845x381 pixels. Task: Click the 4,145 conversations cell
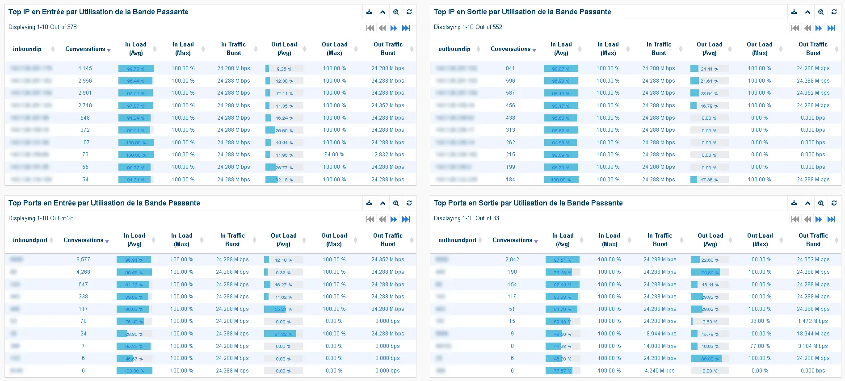[85, 68]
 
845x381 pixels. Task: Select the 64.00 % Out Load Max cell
[334, 155]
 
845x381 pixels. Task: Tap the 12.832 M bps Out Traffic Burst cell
[387, 155]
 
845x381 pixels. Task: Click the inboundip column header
[27, 49]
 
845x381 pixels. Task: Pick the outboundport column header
[457, 240]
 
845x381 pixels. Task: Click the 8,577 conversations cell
[83, 260]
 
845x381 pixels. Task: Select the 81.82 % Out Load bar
[283, 334]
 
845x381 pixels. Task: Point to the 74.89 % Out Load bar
[710, 272]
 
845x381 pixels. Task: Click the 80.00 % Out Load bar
[710, 358]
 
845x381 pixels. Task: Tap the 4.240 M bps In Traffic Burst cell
[660, 371]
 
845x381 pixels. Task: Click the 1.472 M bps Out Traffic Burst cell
[813, 321]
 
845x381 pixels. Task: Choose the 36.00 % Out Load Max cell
[760, 321]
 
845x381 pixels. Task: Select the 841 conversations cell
[510, 68]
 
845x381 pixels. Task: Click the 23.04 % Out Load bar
[709, 93]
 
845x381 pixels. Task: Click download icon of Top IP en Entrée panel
[369, 12]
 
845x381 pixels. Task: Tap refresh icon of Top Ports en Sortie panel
[834, 203]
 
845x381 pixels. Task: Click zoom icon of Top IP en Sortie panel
[821, 12]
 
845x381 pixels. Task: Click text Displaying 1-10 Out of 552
[468, 27]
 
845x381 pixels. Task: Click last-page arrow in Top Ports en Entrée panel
[406, 219]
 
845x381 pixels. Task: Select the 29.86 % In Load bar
[134, 334]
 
